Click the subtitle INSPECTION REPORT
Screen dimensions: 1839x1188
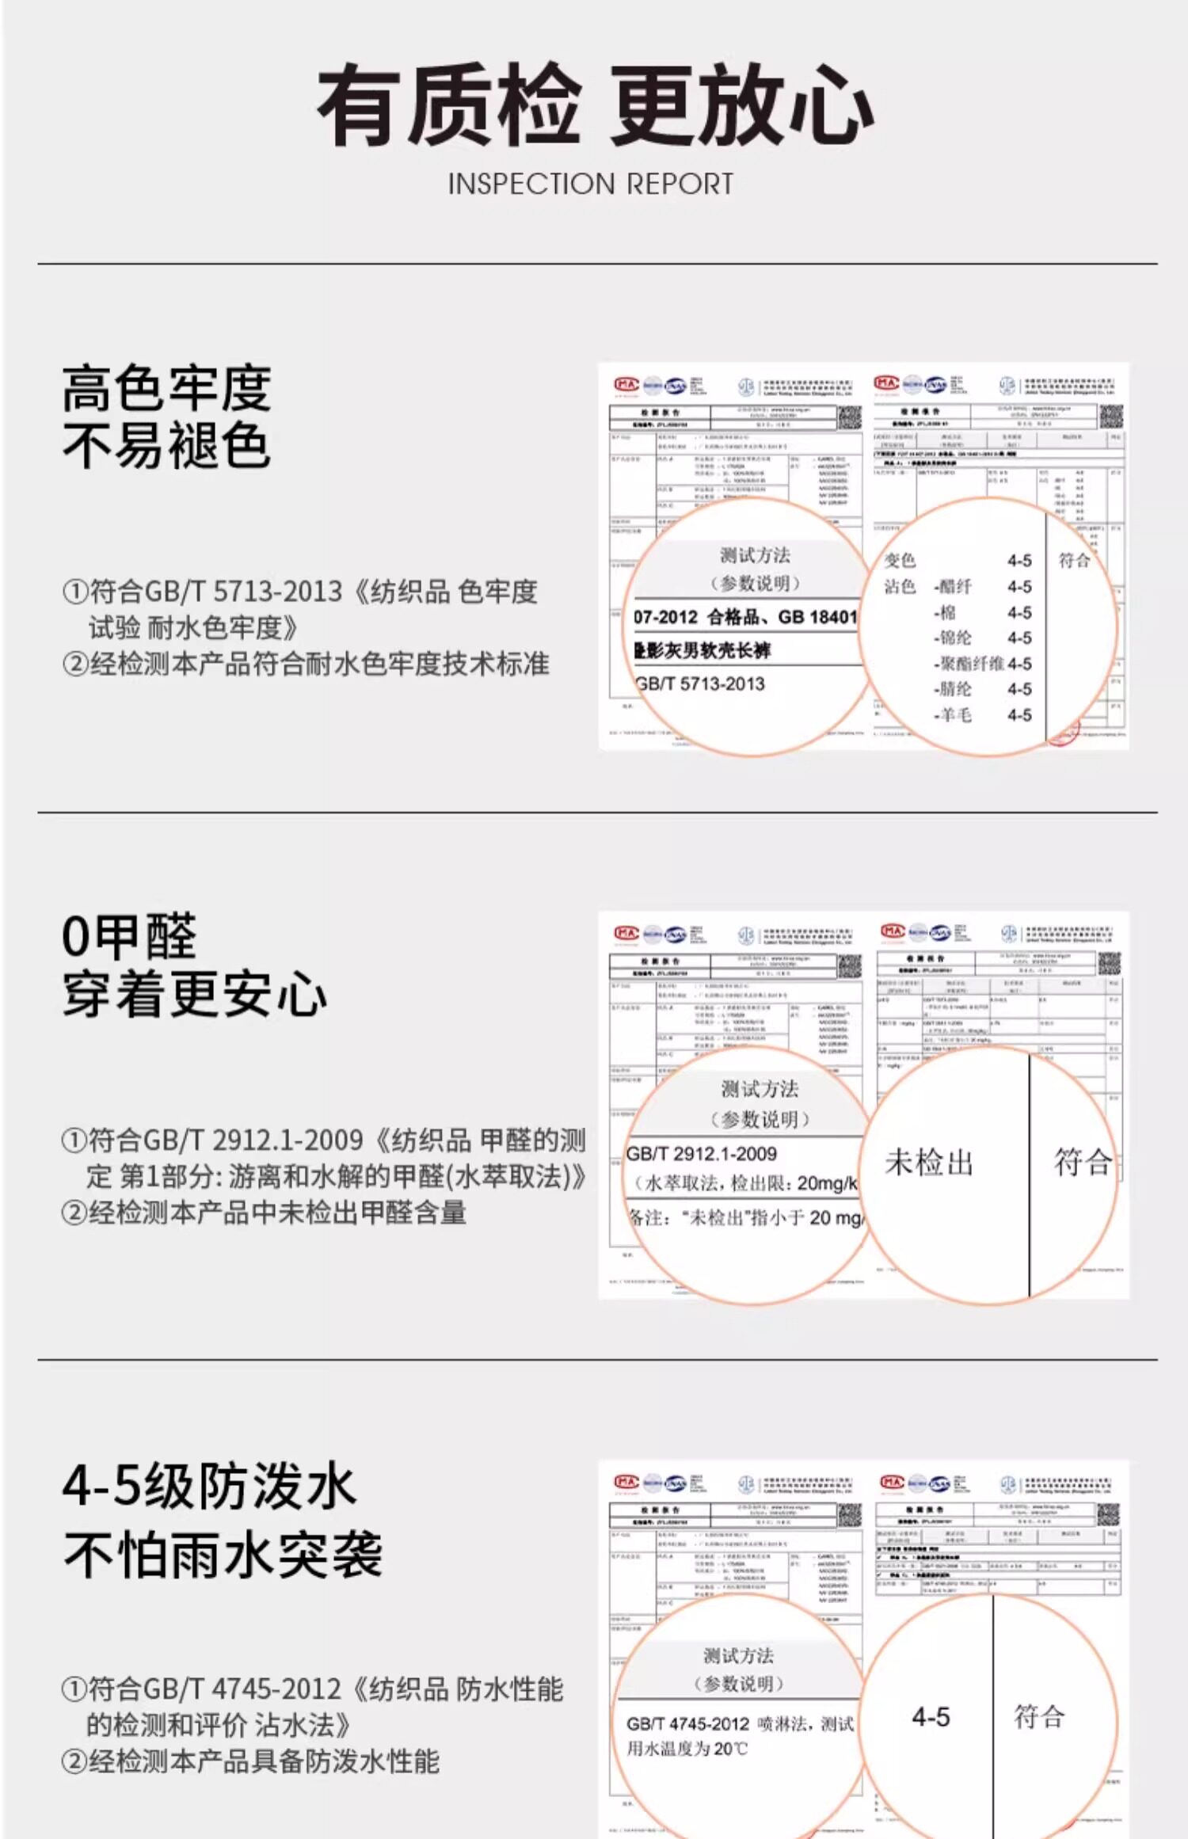coord(591,185)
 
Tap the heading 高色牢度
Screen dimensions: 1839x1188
coord(166,389)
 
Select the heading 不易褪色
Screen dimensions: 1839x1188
coord(166,446)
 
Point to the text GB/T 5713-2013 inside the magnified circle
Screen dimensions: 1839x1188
coord(700,684)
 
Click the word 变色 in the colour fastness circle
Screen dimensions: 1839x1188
coord(900,561)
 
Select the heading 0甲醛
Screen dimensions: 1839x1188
coord(129,937)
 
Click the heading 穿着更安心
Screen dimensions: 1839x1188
coord(194,995)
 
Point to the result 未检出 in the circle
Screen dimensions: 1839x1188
coord(929,1163)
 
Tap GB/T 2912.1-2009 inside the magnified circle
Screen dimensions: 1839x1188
coord(702,1154)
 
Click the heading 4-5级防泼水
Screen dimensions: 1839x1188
coord(209,1487)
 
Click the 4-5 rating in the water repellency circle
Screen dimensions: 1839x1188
coord(931,1717)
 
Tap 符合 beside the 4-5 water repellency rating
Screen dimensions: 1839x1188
coord(1039,1717)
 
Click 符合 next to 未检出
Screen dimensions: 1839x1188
coord(1082,1163)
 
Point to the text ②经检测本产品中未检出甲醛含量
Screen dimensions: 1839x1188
coord(264,1213)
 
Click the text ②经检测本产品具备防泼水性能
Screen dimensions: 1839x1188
coord(250,1761)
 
